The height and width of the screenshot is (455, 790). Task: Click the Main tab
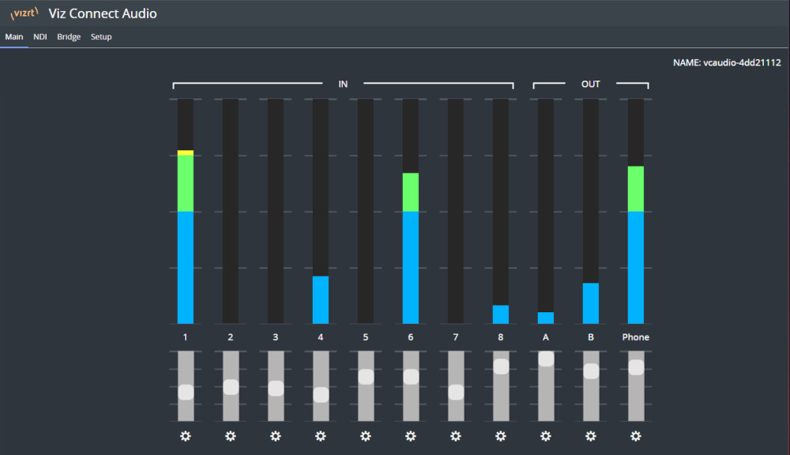coord(14,37)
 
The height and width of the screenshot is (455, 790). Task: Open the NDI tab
coord(39,37)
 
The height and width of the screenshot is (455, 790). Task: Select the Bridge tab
coord(69,37)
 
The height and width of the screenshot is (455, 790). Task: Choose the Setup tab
coord(101,37)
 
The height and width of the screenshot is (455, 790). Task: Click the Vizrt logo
coord(24,13)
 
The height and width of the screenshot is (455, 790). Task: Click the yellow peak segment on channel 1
coord(186,152)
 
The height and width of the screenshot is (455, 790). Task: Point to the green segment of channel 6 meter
coord(411,192)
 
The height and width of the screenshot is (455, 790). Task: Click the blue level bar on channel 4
coord(321,300)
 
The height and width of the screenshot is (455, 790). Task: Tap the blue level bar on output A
coord(546,318)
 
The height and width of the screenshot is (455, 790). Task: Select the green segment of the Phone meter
coord(636,189)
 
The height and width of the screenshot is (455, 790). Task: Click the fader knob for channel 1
coord(186,392)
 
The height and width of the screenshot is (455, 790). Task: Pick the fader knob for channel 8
coord(501,367)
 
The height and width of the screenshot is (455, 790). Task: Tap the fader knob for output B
coord(591,371)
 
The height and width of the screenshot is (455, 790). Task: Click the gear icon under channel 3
coord(275,436)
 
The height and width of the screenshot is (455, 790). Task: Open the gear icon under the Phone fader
coord(636,436)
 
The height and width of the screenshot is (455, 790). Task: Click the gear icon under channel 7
coord(456,436)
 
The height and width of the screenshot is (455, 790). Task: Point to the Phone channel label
coord(635,337)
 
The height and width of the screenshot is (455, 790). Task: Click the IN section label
coord(343,85)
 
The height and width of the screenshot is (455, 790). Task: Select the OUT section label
coord(590,85)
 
